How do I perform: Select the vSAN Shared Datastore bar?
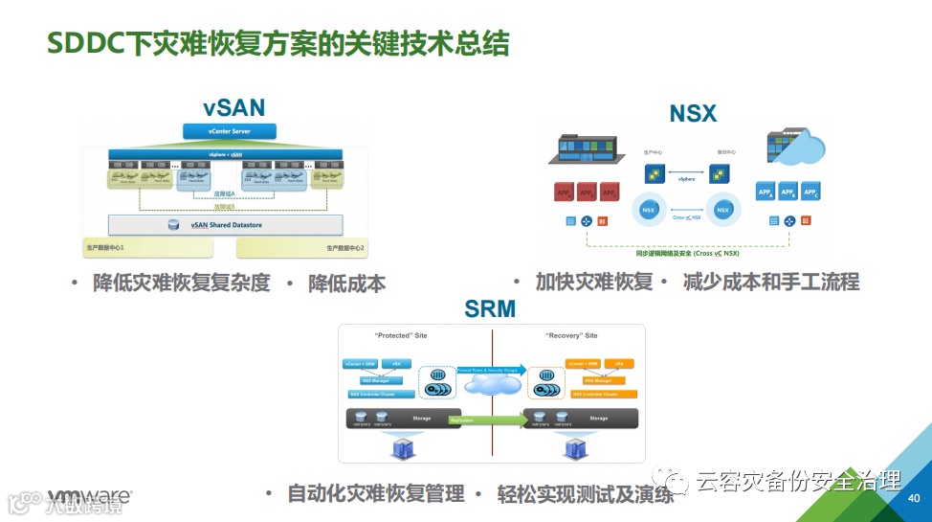pyautogui.click(x=226, y=225)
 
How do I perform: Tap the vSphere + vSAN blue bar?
pyautogui.click(x=226, y=153)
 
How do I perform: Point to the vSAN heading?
pyautogui.click(x=233, y=107)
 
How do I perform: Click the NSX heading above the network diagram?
pyautogui.click(x=693, y=113)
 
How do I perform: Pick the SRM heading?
pyautogui.click(x=490, y=308)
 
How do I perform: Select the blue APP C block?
pyautogui.click(x=810, y=192)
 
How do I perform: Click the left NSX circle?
pyautogui.click(x=651, y=209)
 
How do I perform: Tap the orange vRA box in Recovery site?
pyautogui.click(x=618, y=364)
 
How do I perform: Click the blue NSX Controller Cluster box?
pyautogui.click(x=382, y=394)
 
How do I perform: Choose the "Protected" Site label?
pyautogui.click(x=399, y=336)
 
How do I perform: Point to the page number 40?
pyautogui.click(x=913, y=498)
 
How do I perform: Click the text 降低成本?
pyautogui.click(x=346, y=284)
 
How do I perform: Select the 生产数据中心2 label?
pyautogui.click(x=345, y=248)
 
